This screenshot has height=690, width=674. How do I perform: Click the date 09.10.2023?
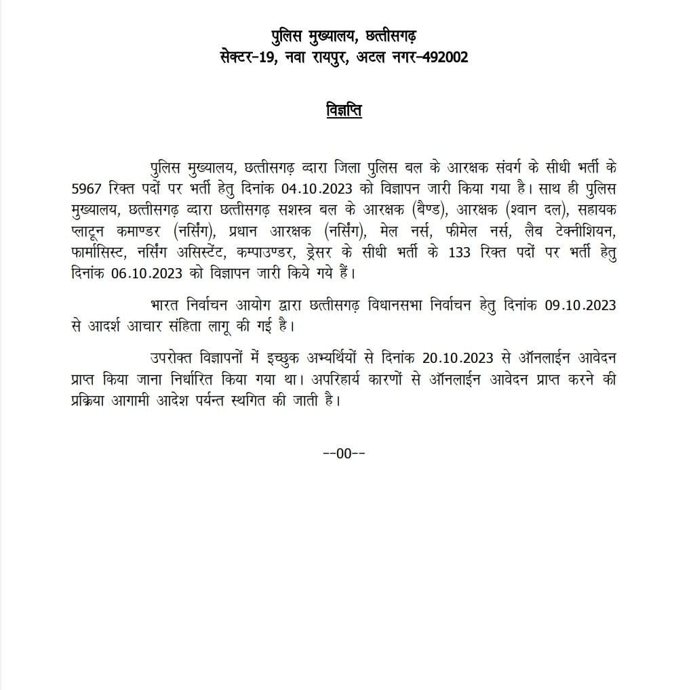(x=580, y=304)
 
